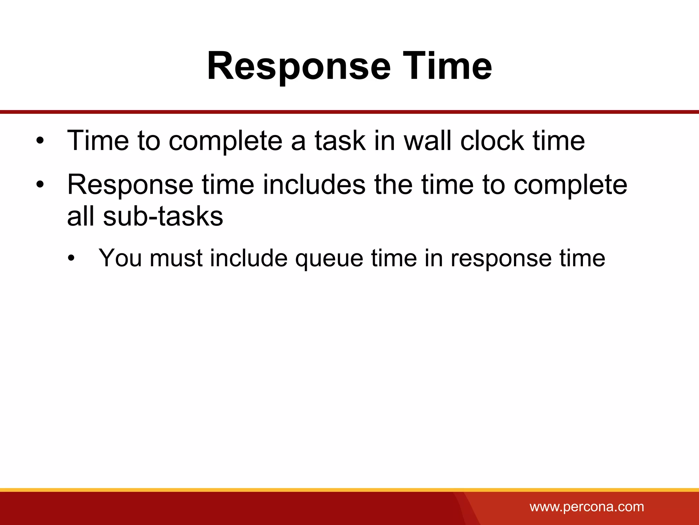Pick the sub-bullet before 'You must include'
[71, 258]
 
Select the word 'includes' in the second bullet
[314, 185]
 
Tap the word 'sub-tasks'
[163, 216]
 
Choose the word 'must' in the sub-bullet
[176, 258]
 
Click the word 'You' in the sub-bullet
[120, 258]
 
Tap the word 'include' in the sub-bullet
[249, 258]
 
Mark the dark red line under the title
[349, 112]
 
